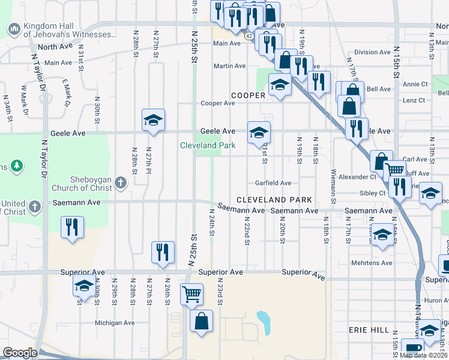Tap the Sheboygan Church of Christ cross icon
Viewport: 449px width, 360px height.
(x=120, y=182)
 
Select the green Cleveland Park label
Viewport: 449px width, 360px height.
(x=208, y=145)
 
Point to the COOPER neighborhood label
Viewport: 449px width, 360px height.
(x=249, y=95)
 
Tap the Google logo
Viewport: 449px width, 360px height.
(x=20, y=353)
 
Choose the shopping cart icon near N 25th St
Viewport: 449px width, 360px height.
(x=191, y=294)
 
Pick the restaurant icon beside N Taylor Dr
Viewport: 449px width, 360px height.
(x=72, y=227)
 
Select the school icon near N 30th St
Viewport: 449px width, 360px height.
(x=83, y=286)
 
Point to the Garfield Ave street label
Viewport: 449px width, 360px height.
(x=273, y=183)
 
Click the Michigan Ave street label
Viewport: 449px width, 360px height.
(x=115, y=323)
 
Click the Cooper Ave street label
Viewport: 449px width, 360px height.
(x=217, y=103)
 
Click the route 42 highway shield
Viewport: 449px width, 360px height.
(x=249, y=36)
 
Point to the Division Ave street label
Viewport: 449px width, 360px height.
(x=372, y=53)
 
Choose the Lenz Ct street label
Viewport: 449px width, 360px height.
(x=414, y=100)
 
